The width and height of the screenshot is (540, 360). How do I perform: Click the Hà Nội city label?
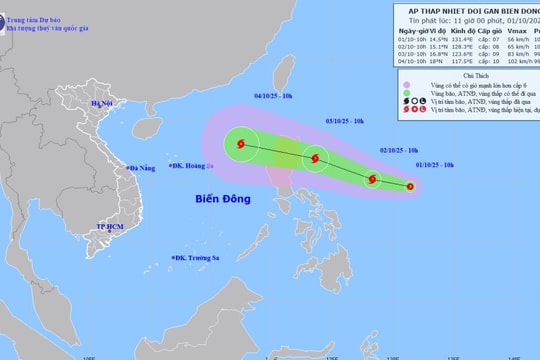(x=102, y=104)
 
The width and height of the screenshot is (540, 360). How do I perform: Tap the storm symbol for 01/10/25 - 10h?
(x=410, y=186)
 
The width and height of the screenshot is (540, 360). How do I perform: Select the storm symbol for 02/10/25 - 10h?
(x=372, y=179)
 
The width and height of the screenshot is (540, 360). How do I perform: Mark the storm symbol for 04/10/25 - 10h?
(x=241, y=145)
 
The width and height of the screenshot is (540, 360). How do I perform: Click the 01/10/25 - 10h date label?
(x=434, y=164)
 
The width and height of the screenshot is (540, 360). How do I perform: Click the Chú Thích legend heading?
(x=469, y=75)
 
